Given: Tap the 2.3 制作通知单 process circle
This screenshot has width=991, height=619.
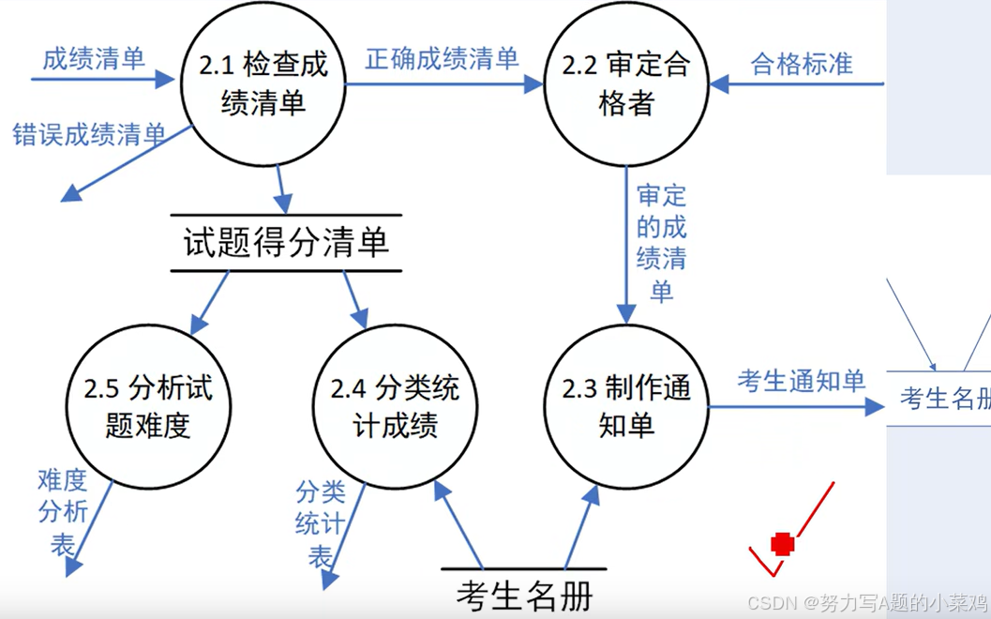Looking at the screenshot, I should click(626, 406).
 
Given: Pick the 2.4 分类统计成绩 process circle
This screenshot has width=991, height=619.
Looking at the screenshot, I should click(395, 406).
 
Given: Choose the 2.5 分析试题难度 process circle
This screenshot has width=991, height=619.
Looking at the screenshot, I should click(148, 406).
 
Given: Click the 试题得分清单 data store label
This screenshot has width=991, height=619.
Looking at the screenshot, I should click(286, 244).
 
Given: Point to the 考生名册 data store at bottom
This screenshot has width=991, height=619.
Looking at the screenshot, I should click(525, 596).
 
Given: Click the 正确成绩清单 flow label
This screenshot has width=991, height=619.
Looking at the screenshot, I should click(442, 59).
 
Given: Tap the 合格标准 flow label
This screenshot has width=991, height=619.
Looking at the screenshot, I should click(802, 63).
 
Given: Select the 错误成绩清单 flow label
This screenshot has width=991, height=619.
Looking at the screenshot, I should click(89, 134).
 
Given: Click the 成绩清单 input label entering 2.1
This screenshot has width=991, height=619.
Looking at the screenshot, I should click(94, 59).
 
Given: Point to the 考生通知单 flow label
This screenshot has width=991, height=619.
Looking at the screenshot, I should click(801, 380).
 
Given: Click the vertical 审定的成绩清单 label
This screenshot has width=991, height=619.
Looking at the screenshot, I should click(661, 243).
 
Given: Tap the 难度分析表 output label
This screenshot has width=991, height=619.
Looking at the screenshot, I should click(63, 511).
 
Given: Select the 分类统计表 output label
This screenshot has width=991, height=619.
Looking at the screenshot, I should click(320, 523).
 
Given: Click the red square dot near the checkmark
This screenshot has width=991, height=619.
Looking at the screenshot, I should click(782, 544).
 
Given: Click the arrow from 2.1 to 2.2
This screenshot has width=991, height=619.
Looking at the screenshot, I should click(441, 84).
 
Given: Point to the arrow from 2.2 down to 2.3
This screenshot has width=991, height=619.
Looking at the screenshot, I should click(626, 244).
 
